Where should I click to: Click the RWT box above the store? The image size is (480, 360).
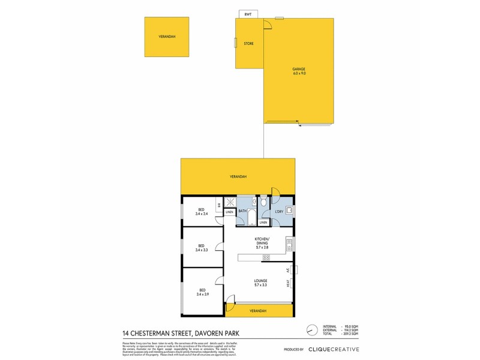coord(247,14)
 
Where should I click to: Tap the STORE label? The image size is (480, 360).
coord(248,43)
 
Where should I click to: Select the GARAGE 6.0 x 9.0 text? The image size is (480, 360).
coord(299,71)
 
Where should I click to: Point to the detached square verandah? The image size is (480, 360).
coord(167,37)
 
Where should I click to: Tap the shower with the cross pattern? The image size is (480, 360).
coord(230,203)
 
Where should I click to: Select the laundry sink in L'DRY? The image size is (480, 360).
coord(289,210)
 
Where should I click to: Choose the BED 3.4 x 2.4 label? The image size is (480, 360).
coord(201,211)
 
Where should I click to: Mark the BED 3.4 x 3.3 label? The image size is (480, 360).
coord(201,247)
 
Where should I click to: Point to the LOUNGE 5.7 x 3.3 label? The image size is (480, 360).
coord(260,283)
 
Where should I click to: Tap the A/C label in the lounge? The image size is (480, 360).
coord(288,269)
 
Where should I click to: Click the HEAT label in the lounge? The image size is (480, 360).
coord(288,282)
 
